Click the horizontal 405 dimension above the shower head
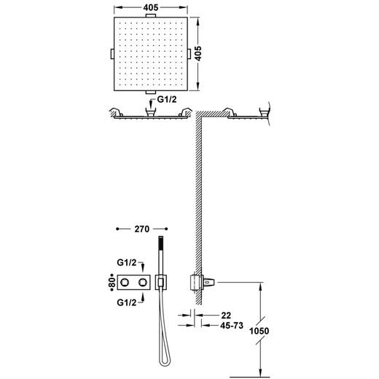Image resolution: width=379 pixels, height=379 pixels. [x=151, y=7]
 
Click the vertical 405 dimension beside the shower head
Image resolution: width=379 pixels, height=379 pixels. [x=198, y=53]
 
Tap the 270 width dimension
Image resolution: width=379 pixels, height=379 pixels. [x=142, y=229]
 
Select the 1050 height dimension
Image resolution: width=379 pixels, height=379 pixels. [x=259, y=331]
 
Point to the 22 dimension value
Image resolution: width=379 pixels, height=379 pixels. [x=226, y=316]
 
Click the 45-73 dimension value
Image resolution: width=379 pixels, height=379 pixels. [x=232, y=325]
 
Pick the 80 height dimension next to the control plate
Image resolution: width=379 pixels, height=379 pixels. [x=112, y=282]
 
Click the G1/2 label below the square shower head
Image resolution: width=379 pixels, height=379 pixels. [x=167, y=99]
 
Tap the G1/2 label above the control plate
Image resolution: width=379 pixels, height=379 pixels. [x=127, y=262]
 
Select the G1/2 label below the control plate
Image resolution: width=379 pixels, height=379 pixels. [x=127, y=302]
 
